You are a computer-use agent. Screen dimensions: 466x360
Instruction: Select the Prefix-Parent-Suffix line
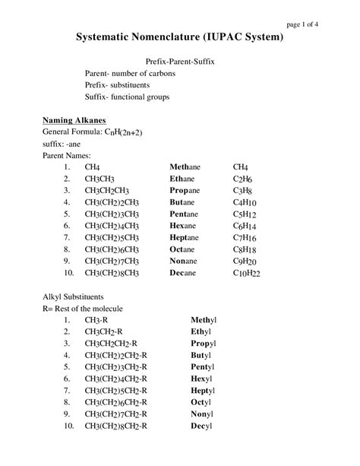click(x=180, y=68)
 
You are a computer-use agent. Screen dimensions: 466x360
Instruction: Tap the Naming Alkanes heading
click(x=68, y=120)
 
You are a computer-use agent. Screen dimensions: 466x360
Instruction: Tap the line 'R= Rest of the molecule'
click(x=81, y=309)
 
